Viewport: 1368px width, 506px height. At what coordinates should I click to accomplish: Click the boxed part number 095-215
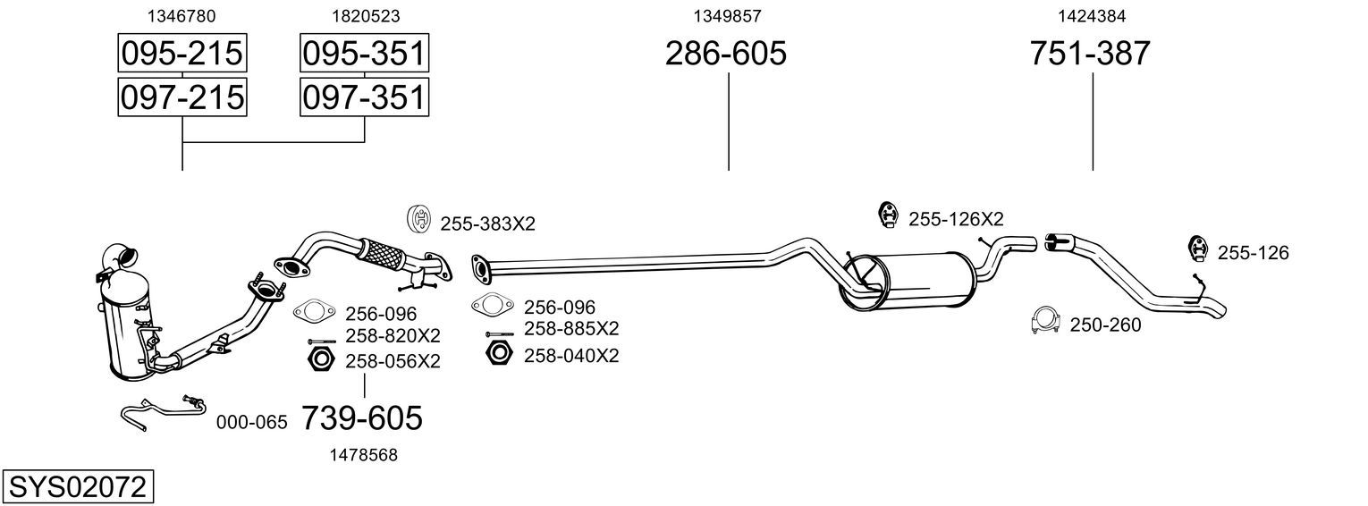182,53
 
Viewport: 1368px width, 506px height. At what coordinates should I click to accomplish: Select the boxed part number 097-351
364,97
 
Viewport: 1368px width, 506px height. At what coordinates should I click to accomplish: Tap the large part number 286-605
725,53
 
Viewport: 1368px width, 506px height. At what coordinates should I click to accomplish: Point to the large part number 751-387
1090,53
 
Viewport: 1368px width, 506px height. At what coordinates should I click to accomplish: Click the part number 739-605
362,418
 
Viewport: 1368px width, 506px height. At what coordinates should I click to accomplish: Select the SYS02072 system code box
78,487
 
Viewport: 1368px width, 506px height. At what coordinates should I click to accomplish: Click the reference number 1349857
727,16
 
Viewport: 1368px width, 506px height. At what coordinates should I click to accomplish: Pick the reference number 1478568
363,455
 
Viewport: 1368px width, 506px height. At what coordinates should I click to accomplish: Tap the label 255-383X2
488,224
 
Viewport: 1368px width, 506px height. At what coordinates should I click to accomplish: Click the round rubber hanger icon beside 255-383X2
419,219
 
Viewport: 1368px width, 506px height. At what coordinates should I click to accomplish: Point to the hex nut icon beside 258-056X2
321,358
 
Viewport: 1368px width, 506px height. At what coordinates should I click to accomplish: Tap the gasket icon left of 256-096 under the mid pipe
492,304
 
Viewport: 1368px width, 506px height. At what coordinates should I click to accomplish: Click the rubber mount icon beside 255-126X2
888,215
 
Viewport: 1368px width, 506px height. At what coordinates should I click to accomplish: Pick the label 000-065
251,422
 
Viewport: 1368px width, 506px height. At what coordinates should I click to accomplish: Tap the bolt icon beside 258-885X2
500,333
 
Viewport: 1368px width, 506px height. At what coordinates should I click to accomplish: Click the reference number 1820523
366,16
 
